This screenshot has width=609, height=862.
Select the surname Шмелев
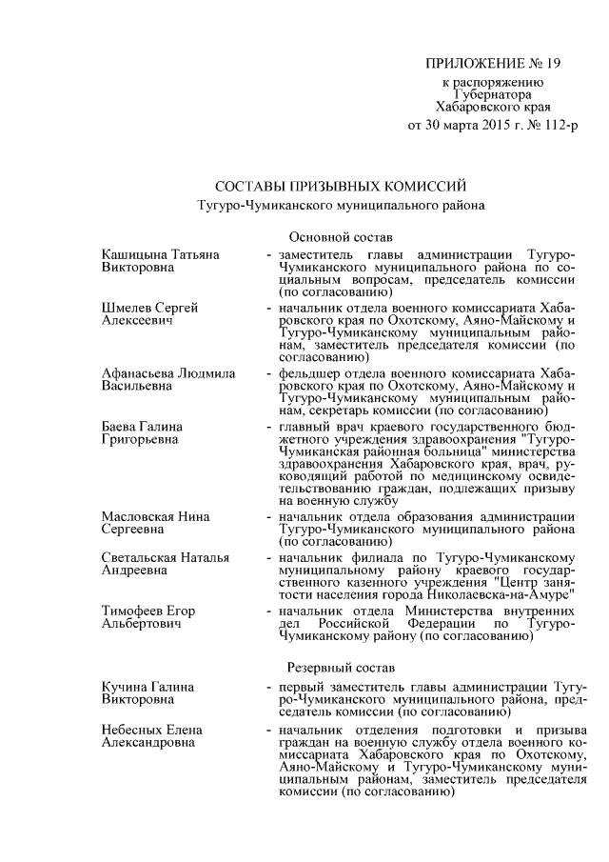[x=127, y=310]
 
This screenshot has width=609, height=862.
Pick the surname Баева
[x=120, y=426]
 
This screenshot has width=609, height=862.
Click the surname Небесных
[x=130, y=731]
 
